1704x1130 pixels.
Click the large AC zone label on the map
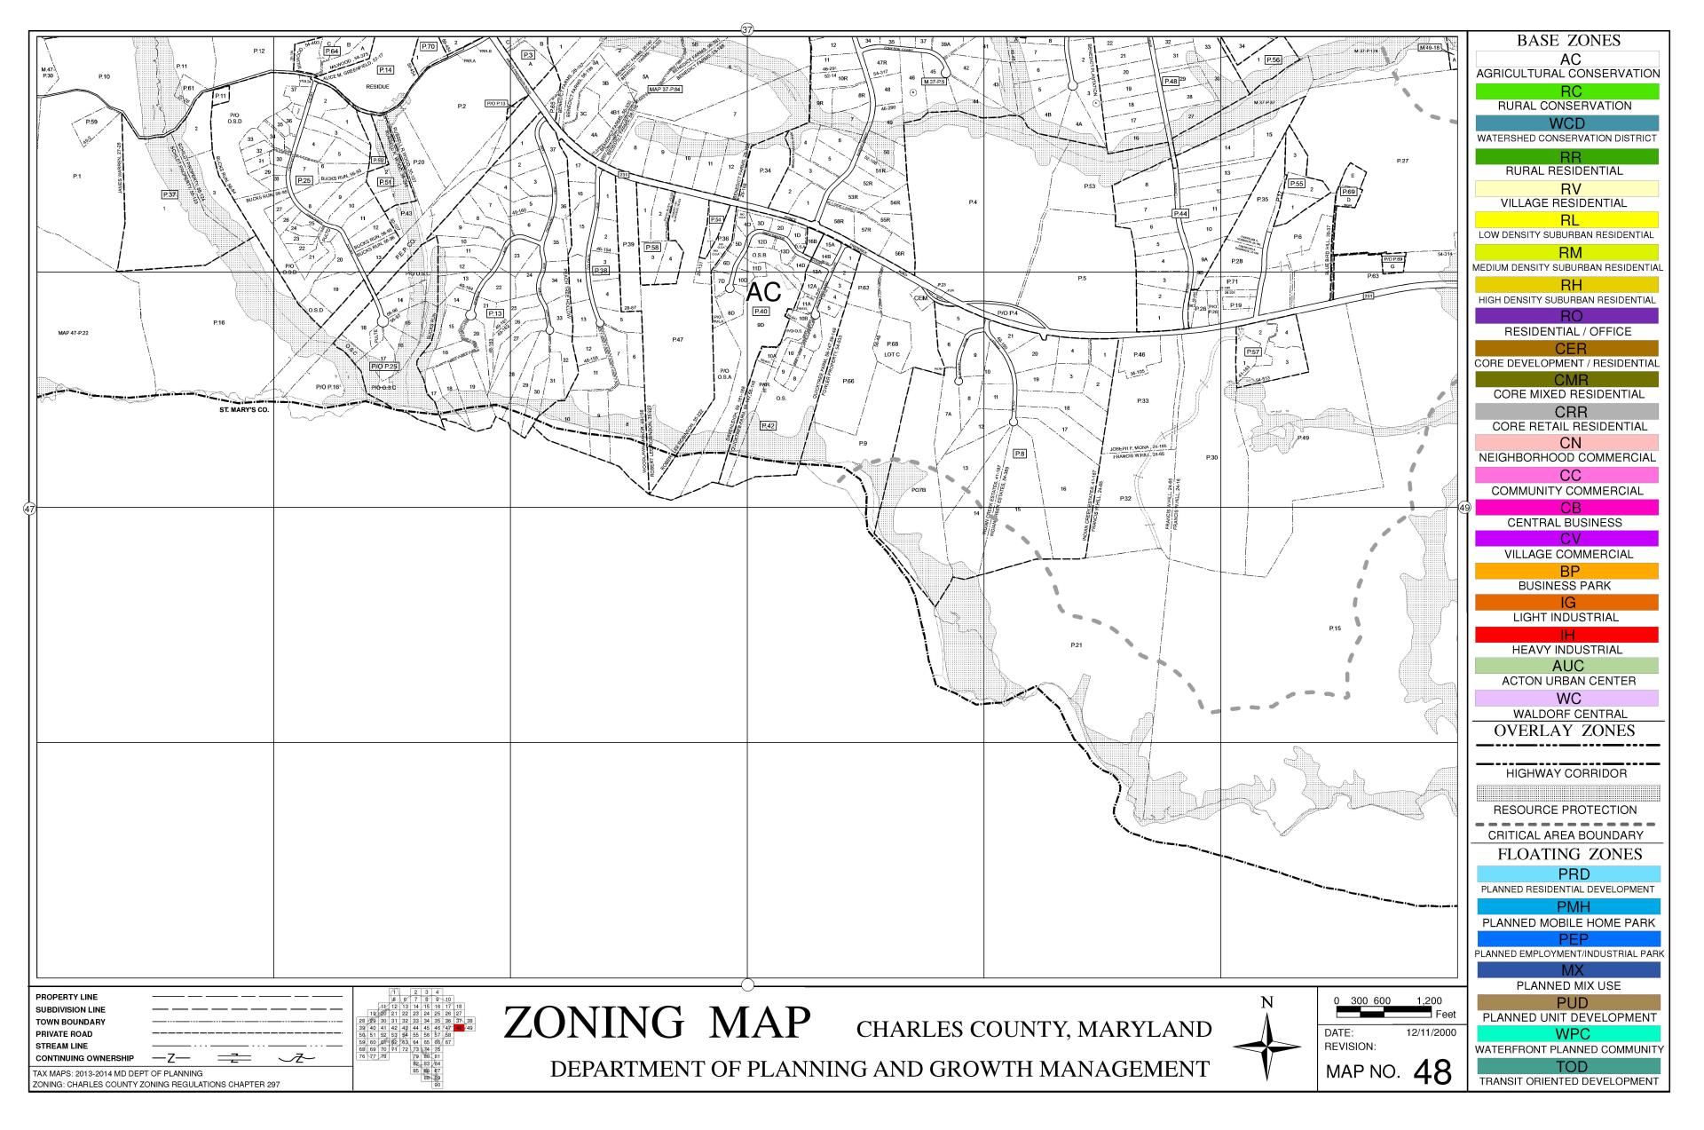click(763, 292)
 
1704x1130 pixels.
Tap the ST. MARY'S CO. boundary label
click(243, 411)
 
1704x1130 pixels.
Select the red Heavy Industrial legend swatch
click(1566, 635)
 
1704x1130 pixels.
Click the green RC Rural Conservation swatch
click(1566, 91)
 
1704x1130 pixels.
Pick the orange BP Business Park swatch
click(1566, 571)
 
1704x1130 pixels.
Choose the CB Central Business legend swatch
click(1566, 508)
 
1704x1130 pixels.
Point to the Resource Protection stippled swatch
click(1566, 793)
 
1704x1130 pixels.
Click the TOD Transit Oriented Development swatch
click(1566, 1066)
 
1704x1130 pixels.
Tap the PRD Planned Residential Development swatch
click(1566, 874)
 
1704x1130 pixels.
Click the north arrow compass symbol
click(1266, 1047)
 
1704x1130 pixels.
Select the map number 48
click(1432, 1072)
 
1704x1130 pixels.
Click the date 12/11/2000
click(1431, 1033)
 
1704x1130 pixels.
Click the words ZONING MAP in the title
click(657, 1023)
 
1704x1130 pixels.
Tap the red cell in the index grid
click(459, 1028)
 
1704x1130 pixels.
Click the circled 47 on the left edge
click(29, 509)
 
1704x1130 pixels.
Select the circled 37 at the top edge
click(746, 29)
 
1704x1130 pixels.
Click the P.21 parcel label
click(1076, 644)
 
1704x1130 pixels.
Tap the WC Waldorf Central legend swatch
click(1566, 699)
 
